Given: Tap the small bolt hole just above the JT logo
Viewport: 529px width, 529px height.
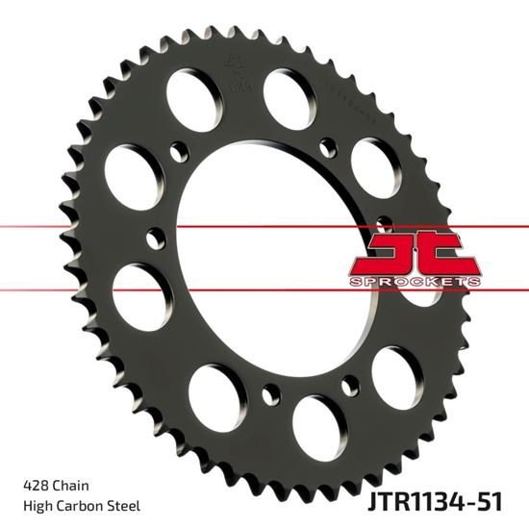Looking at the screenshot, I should pyautogui.click(x=383, y=220).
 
